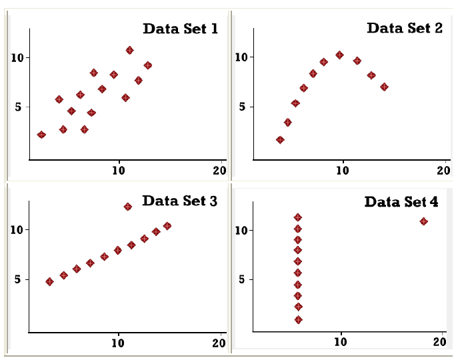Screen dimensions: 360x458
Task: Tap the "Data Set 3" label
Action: [x=179, y=200]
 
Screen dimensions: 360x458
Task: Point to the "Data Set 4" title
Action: [x=401, y=201]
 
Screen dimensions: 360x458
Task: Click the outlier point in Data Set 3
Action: [x=127, y=207]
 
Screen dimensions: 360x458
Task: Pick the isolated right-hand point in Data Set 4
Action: [x=423, y=221]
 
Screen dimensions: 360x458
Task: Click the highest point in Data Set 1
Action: [x=129, y=50]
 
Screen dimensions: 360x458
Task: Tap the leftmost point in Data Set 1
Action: [x=41, y=135]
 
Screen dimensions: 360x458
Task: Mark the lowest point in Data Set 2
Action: [x=280, y=140]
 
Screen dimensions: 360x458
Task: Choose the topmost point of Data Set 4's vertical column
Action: [x=298, y=217]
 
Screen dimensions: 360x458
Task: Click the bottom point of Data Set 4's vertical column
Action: [x=298, y=320]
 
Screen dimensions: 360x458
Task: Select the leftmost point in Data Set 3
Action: [x=49, y=281]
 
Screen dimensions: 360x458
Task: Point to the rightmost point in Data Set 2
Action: [x=384, y=87]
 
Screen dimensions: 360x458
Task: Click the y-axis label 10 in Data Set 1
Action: [x=19, y=57]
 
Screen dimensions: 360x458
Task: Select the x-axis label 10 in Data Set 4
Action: [x=341, y=343]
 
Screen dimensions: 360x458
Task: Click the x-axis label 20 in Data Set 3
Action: [x=219, y=343]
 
